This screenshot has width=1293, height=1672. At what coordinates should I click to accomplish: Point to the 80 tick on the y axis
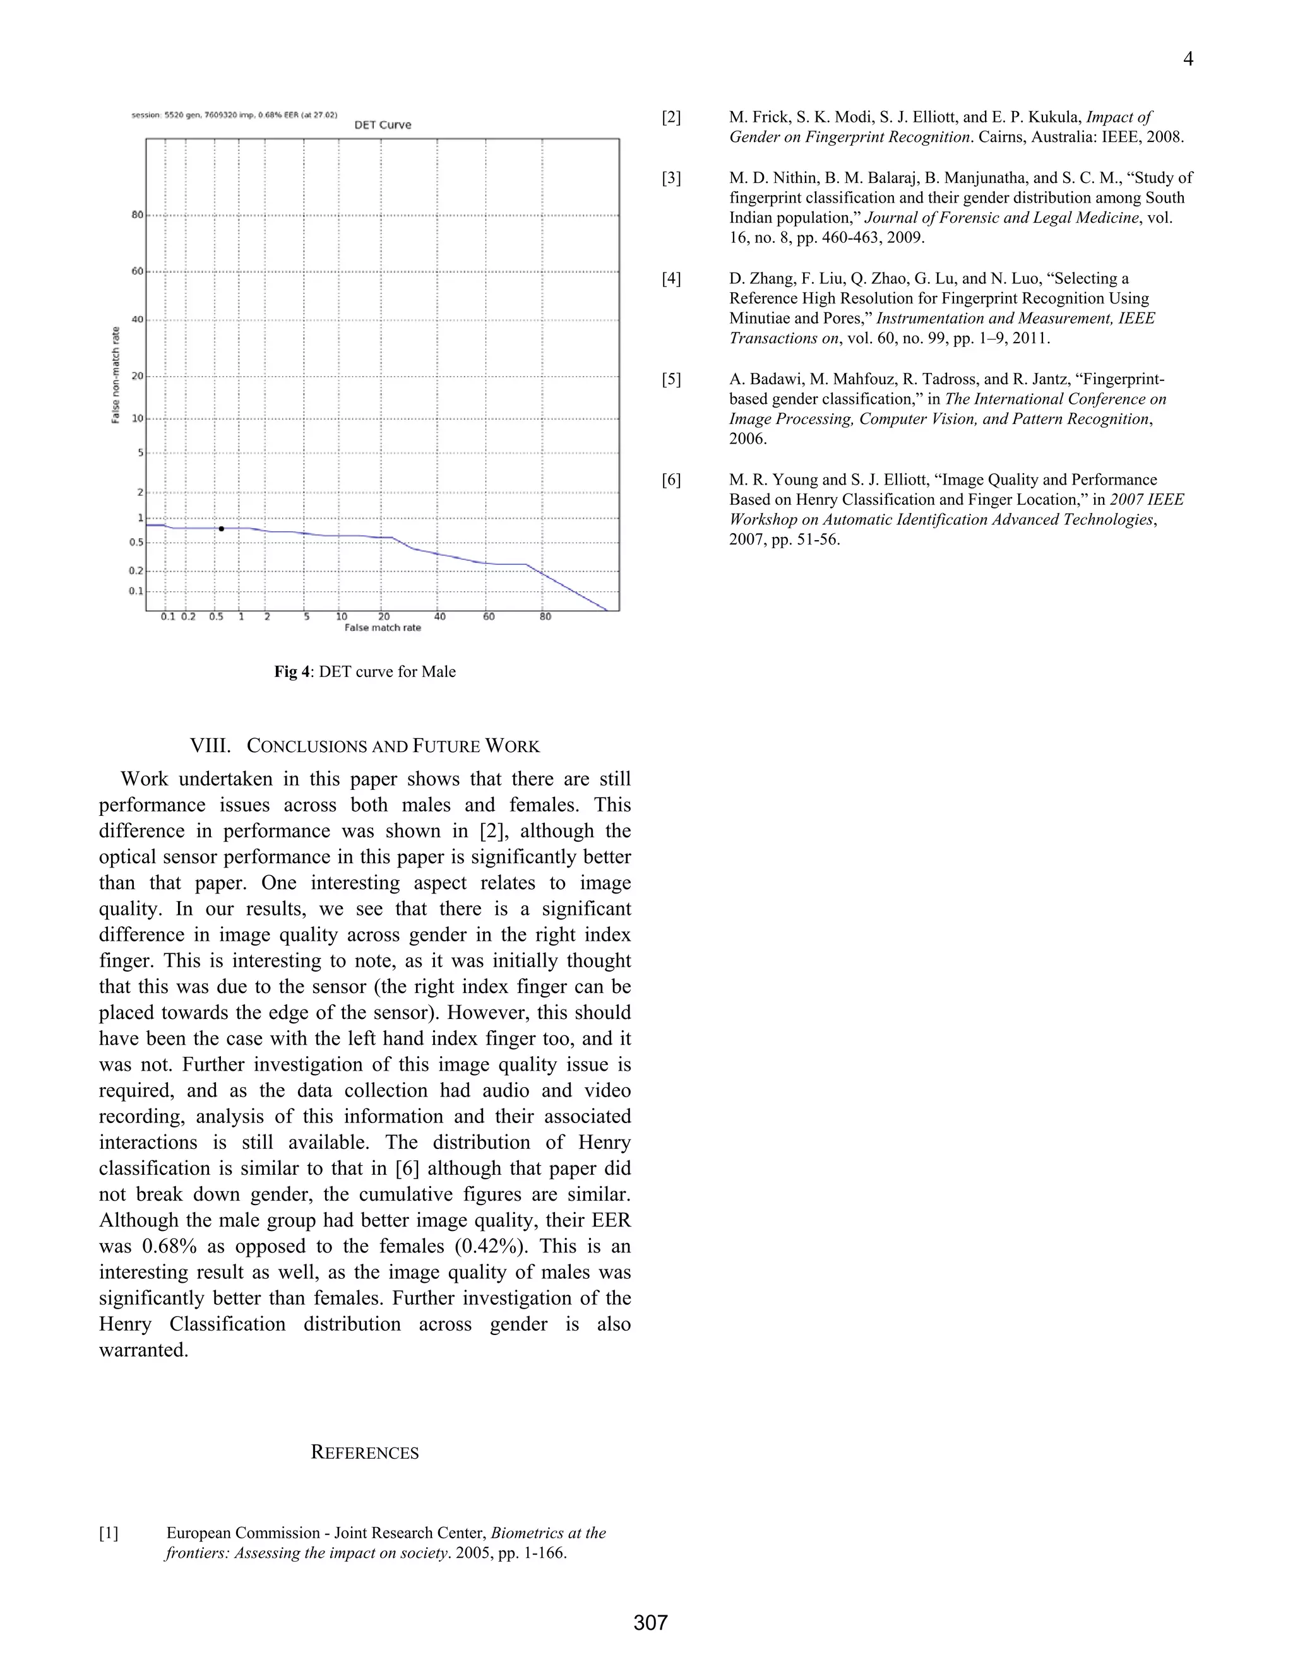tap(137, 215)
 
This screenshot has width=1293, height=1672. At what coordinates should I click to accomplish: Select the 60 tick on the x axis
tap(489, 617)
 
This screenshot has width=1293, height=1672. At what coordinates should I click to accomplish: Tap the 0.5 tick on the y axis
tap(136, 543)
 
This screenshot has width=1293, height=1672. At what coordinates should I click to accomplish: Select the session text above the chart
tap(234, 115)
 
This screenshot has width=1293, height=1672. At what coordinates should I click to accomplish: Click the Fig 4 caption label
tap(292, 671)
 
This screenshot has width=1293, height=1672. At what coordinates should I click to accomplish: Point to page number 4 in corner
tap(1188, 59)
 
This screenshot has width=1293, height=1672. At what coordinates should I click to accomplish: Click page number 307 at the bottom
tap(650, 1622)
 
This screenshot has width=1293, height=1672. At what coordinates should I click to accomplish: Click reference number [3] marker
tap(671, 179)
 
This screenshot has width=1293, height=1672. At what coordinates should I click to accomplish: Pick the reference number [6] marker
tap(671, 480)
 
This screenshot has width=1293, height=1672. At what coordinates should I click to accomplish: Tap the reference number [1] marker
tap(109, 1533)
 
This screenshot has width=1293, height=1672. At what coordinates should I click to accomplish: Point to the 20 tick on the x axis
tap(384, 617)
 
